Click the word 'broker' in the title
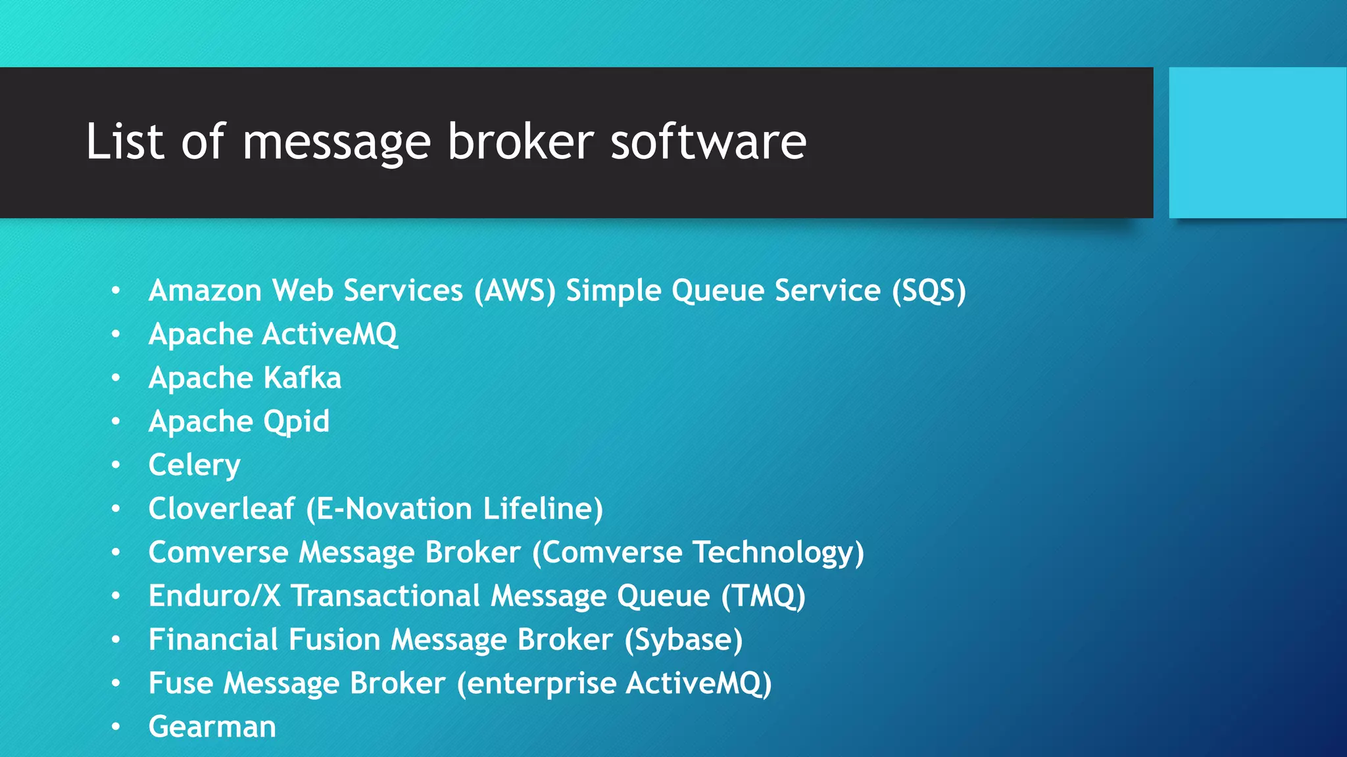(x=520, y=141)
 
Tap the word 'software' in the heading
(x=708, y=141)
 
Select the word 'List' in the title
(x=124, y=141)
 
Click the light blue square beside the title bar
(x=1257, y=143)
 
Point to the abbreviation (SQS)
(x=929, y=290)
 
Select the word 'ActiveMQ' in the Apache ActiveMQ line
(x=330, y=334)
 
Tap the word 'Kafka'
(x=302, y=378)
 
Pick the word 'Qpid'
(x=296, y=422)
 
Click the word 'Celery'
(x=194, y=465)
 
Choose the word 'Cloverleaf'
(x=222, y=509)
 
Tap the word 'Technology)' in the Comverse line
(x=779, y=553)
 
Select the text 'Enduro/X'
(x=214, y=596)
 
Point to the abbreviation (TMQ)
(x=763, y=596)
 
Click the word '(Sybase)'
(x=683, y=640)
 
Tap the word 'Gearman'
(x=212, y=727)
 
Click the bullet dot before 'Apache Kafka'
(x=116, y=378)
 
